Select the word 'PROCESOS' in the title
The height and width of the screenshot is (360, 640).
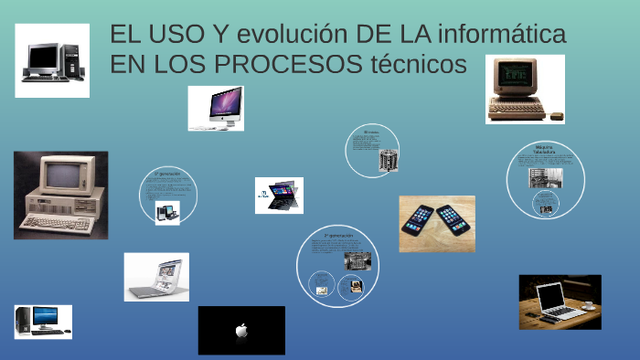(294, 65)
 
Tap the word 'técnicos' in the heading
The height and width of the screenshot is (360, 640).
(415, 65)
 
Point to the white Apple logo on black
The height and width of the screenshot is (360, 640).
(241, 331)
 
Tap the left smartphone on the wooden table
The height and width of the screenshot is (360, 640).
(420, 220)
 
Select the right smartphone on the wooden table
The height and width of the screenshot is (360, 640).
(454, 219)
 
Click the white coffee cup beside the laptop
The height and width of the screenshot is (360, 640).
(587, 303)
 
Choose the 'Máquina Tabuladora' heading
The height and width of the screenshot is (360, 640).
(545, 149)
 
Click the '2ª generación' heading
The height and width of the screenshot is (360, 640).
(338, 235)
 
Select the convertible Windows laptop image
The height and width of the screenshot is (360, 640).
(279, 196)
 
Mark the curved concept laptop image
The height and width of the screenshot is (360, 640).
(156, 277)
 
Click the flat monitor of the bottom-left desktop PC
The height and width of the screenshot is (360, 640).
(45, 316)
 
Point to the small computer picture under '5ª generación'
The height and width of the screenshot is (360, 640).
(167, 212)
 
